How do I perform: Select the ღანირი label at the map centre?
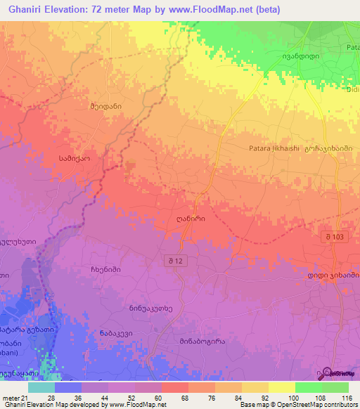tap(191, 219)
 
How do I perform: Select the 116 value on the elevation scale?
tap(346, 397)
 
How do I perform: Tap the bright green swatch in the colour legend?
tap(308, 387)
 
